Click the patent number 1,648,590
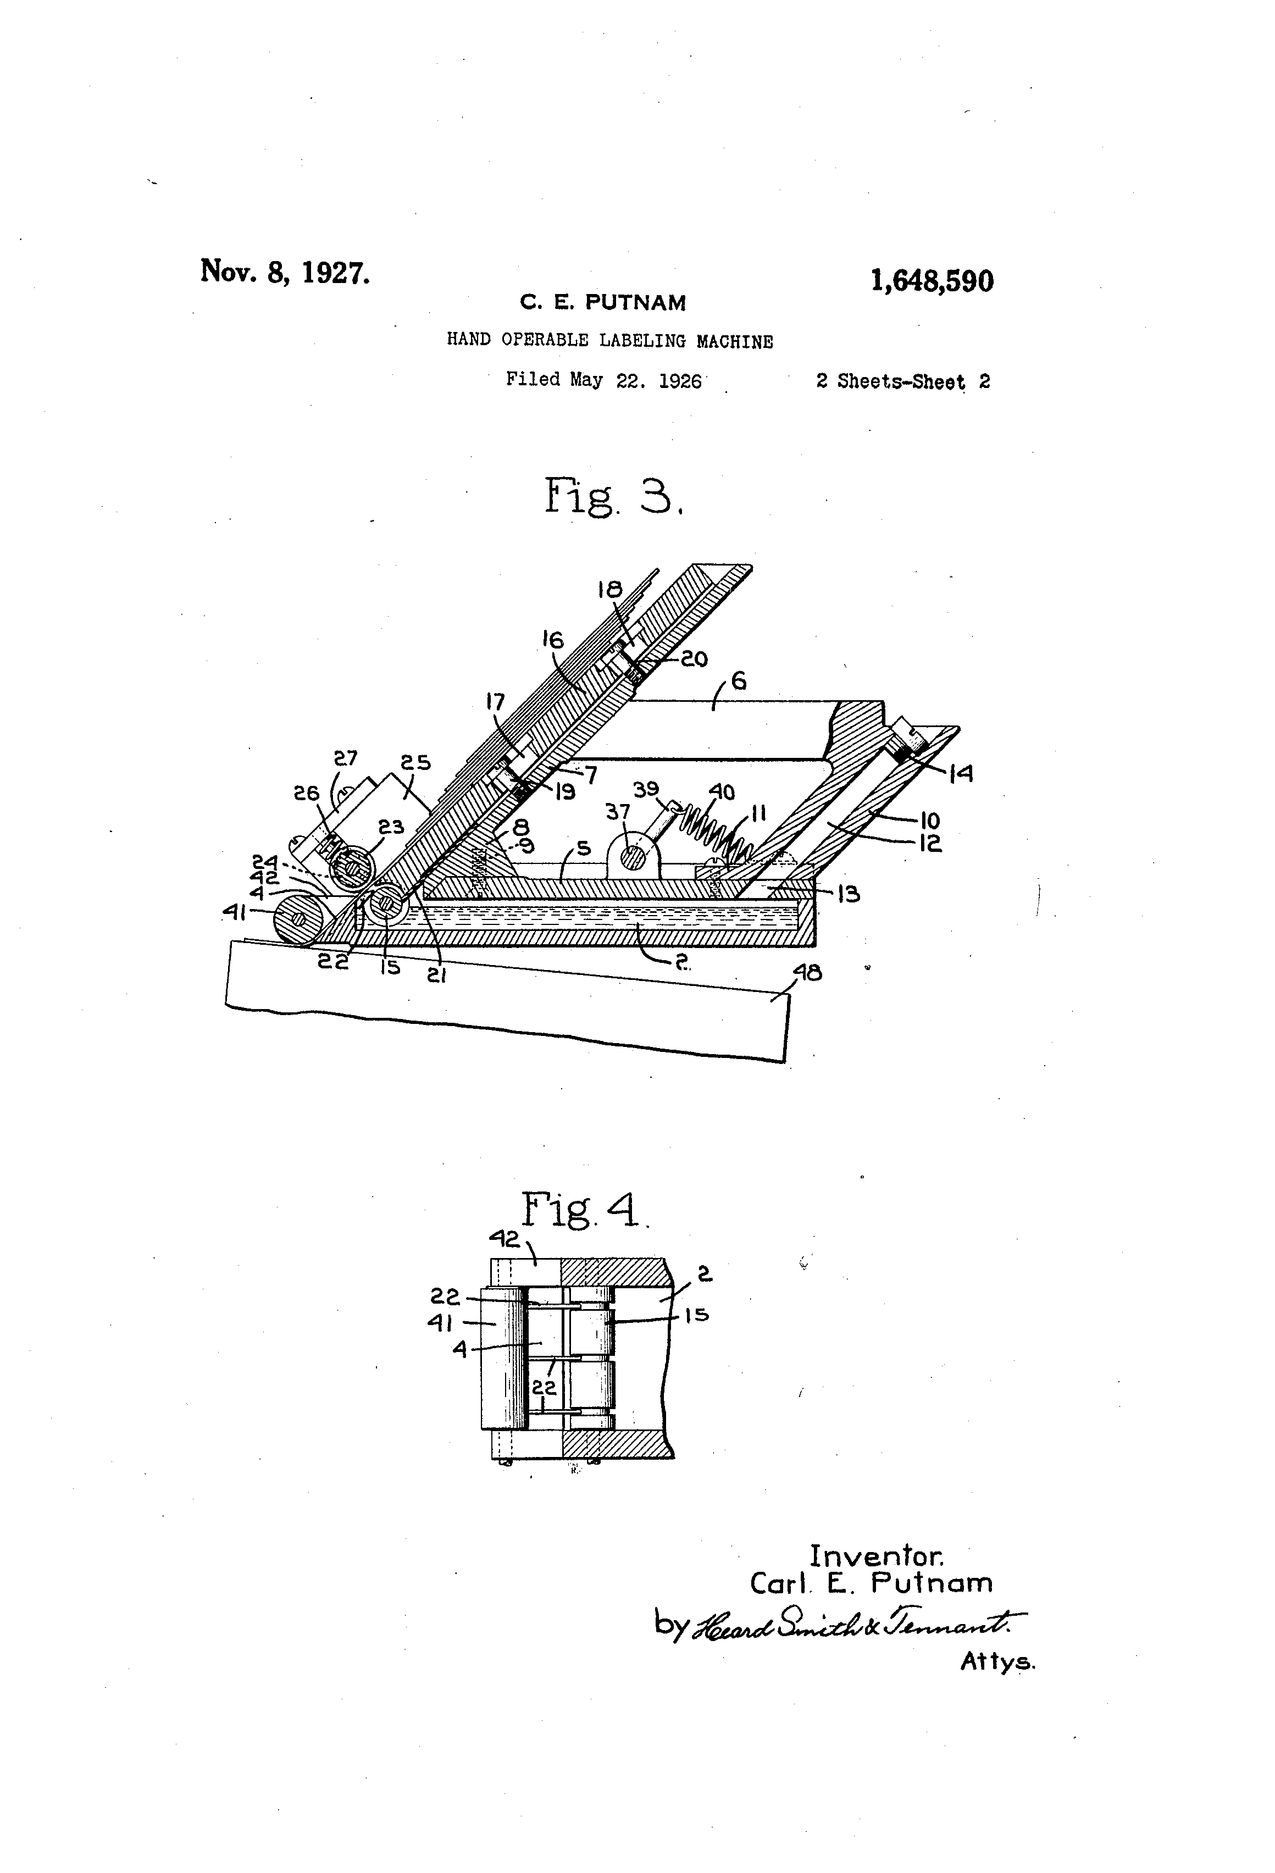click(x=932, y=281)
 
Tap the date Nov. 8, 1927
click(x=285, y=271)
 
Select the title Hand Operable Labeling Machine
click(x=610, y=340)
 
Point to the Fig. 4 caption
click(x=584, y=1210)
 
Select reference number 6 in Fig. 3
click(x=738, y=681)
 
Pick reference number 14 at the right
click(x=961, y=774)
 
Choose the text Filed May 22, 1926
click(x=603, y=380)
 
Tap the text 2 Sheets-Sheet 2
click(x=902, y=381)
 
